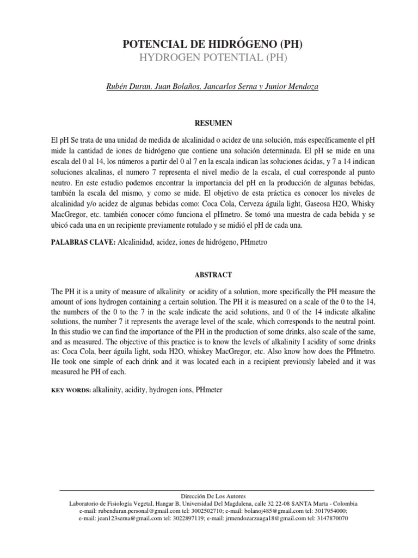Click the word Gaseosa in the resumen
336,203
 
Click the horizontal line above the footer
216,490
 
